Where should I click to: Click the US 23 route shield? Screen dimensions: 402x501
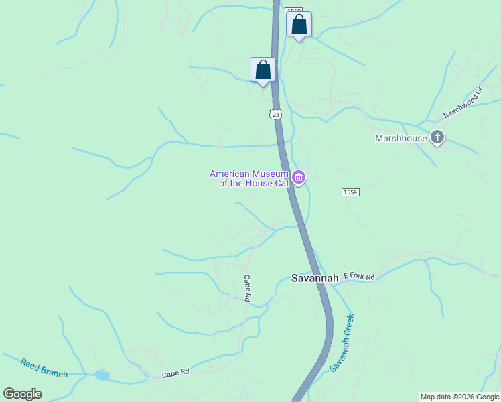pyautogui.click(x=276, y=115)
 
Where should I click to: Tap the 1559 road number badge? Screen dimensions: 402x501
pyautogui.click(x=350, y=192)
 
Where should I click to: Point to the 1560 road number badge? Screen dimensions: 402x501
pyautogui.click(x=293, y=11)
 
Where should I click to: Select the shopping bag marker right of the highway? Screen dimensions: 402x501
pyautogui.click(x=299, y=25)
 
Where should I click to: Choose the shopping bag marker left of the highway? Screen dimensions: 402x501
pyautogui.click(x=263, y=70)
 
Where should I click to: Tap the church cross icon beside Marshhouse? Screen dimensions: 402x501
pyautogui.click(x=437, y=138)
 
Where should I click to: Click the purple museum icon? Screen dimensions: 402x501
pyautogui.click(x=299, y=178)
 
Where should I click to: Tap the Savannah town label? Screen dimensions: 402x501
pyautogui.click(x=315, y=278)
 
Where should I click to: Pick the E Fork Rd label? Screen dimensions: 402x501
pyautogui.click(x=359, y=276)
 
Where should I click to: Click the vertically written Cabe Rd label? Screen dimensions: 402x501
pyautogui.click(x=246, y=287)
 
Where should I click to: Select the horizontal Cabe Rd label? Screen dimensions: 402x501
pyautogui.click(x=175, y=373)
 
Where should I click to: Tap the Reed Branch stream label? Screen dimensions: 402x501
pyautogui.click(x=44, y=368)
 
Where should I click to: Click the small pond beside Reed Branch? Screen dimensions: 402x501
pyautogui.click(x=102, y=375)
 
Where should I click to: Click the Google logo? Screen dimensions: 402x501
pyautogui.click(x=23, y=394)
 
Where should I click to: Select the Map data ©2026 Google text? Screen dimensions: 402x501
pyautogui.click(x=459, y=397)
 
